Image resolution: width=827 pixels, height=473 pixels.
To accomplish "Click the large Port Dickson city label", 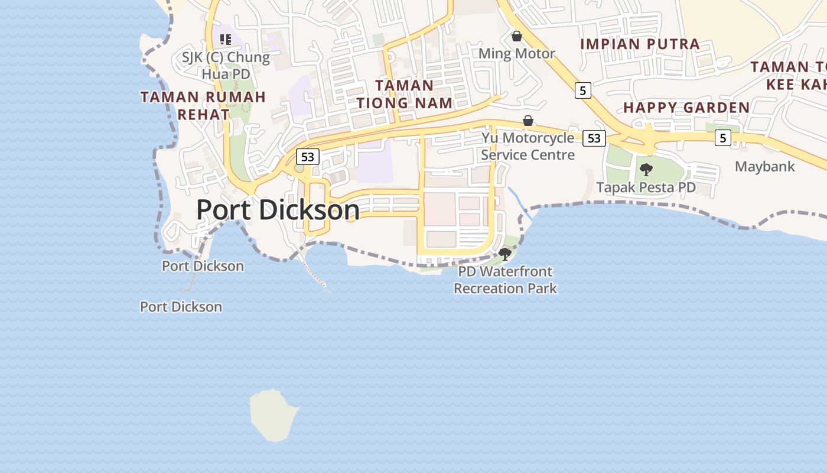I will (x=278, y=210).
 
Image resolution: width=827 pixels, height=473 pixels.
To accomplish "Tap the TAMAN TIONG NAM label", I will (x=405, y=94).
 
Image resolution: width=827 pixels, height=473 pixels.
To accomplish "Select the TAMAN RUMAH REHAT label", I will (x=203, y=105).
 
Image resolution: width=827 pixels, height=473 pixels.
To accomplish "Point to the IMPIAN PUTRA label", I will (x=640, y=44).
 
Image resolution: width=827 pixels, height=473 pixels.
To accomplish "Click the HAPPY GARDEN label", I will (x=686, y=108).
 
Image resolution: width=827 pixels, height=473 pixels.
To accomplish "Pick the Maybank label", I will (x=765, y=167).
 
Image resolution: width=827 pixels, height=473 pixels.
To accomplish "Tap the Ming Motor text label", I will (x=517, y=53).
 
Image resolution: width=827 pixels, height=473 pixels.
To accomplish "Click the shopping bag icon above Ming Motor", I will (x=517, y=37).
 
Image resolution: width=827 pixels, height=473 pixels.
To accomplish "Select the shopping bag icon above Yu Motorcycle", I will (x=528, y=121).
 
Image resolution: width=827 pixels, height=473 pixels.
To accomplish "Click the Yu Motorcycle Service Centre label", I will (x=528, y=146).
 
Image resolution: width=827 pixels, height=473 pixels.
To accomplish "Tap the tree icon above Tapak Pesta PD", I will (x=646, y=170).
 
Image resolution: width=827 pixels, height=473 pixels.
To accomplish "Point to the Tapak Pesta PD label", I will (x=646, y=187).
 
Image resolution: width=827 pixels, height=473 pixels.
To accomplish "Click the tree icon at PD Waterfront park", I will (x=505, y=254).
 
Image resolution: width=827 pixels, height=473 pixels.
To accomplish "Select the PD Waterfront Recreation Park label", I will (x=505, y=280).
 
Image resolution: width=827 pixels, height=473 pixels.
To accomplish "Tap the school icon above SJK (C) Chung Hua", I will (x=225, y=40).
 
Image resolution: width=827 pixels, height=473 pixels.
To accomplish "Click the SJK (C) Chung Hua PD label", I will (x=226, y=66).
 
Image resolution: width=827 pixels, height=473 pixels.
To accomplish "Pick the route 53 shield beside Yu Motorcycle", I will (x=594, y=138).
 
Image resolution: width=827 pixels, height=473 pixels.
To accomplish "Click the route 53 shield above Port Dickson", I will (x=307, y=157).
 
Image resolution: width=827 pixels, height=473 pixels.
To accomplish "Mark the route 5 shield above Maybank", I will (x=722, y=138).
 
